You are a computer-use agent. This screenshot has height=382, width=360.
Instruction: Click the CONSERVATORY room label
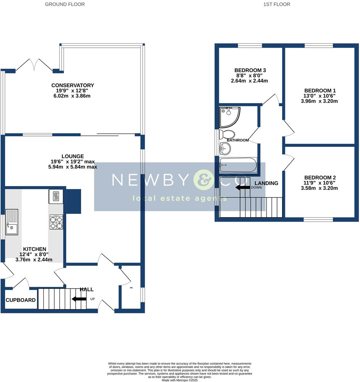click(73, 85)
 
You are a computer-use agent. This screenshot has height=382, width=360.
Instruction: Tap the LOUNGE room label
click(73, 156)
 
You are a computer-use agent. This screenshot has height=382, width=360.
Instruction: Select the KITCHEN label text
click(34, 249)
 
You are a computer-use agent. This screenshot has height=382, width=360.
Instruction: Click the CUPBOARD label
click(21, 300)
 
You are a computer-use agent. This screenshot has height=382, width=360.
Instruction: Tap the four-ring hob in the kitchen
click(56, 222)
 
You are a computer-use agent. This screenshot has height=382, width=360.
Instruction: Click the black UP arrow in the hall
click(79, 299)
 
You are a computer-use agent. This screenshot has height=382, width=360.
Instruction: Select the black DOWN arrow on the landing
click(242, 188)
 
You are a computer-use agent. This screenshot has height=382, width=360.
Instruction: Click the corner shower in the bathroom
click(229, 116)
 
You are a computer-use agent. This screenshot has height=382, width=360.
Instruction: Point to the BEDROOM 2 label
click(320, 178)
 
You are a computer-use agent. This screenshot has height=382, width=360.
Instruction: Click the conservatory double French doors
click(34, 64)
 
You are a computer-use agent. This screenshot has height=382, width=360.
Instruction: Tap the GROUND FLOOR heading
click(65, 4)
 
